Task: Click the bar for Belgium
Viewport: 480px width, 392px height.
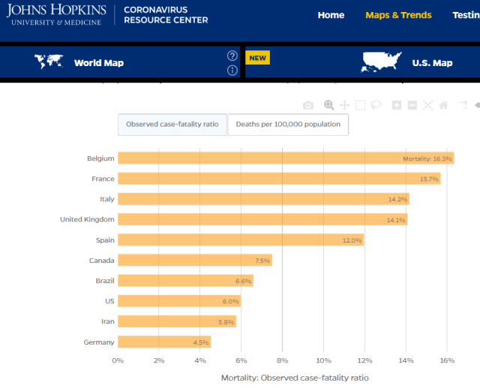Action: [285, 158]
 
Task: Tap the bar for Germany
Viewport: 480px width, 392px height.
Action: [164, 342]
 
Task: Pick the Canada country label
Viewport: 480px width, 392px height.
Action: [101, 261]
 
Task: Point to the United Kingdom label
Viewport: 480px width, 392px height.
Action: [87, 219]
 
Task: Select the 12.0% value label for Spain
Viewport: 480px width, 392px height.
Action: [352, 240]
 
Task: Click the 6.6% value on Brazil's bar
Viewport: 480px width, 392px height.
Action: [243, 281]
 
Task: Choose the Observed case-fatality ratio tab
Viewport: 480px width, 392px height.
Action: [172, 125]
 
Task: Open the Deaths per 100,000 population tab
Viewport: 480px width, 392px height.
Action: [288, 125]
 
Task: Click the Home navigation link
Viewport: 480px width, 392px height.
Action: [331, 15]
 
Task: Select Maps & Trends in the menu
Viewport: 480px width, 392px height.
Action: [398, 15]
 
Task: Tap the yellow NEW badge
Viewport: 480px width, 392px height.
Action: [258, 58]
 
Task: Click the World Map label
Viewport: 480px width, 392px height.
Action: [98, 63]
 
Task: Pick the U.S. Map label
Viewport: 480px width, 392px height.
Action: [432, 63]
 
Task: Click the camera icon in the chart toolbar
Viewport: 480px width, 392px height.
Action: [308, 105]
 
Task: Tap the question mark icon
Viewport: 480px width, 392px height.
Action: [232, 56]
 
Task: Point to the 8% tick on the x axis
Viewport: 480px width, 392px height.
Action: [282, 360]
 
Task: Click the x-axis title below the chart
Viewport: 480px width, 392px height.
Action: [295, 378]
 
